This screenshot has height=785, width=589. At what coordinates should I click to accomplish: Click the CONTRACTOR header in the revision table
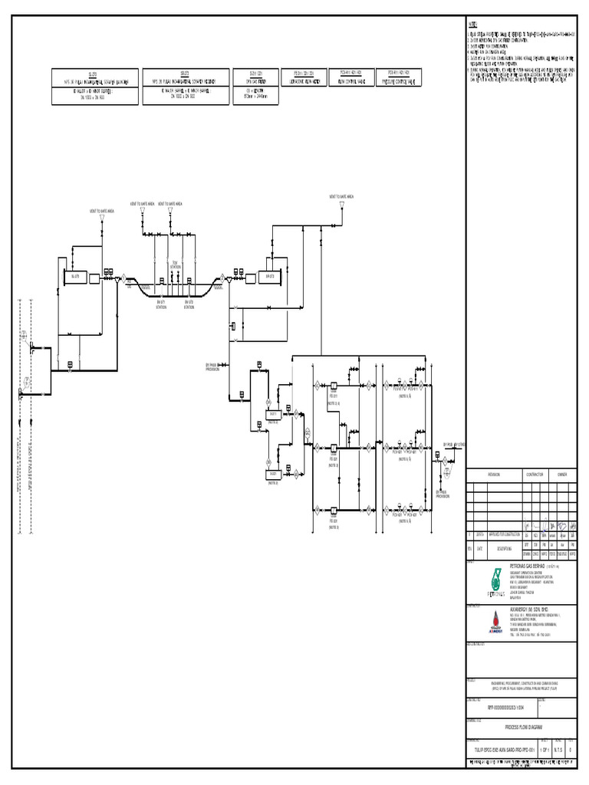[534, 475]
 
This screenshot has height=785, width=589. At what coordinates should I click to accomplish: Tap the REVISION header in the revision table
[494, 475]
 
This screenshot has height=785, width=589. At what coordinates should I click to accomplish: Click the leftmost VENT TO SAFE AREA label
[101, 210]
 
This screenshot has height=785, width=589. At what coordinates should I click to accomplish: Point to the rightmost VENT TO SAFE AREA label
[341, 196]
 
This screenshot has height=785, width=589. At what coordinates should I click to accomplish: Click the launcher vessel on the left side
[75, 276]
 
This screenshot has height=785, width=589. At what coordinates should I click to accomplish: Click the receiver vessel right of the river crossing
[269, 277]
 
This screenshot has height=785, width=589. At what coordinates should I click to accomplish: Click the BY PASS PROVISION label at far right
[443, 494]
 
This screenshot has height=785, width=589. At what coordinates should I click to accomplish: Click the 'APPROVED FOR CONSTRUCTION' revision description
[506, 536]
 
